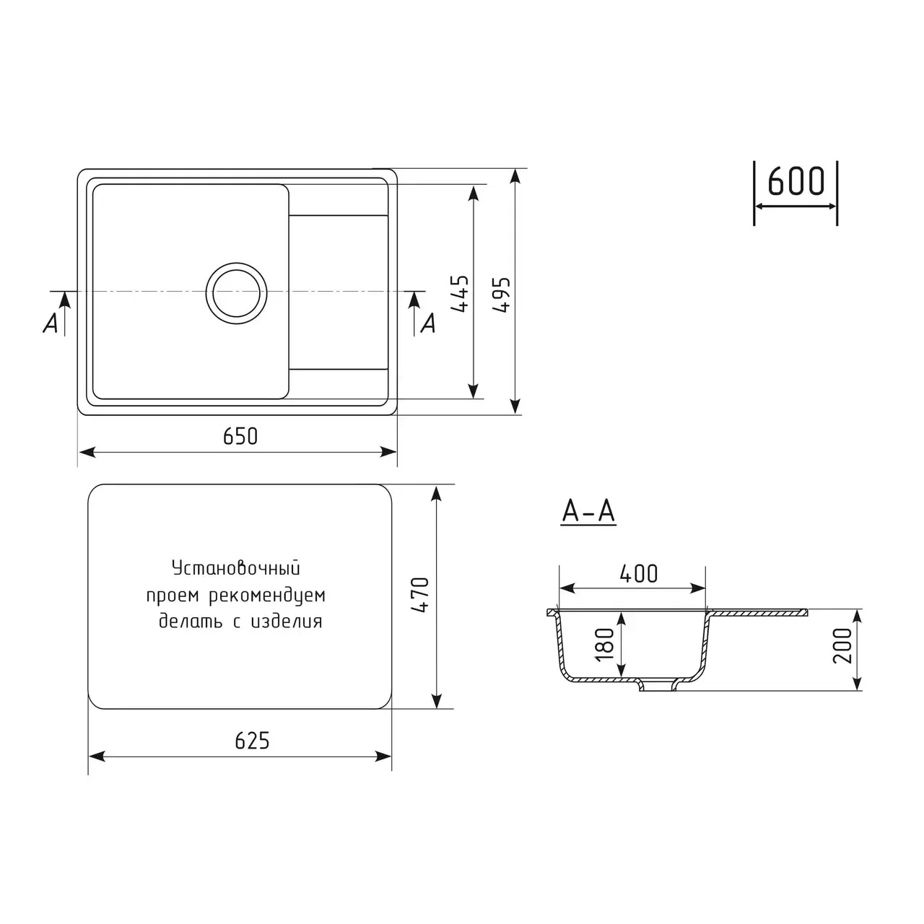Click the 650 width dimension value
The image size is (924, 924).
point(240,437)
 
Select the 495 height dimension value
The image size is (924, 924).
point(503,294)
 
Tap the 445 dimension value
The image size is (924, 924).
point(461,294)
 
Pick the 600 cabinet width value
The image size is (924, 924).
point(796,182)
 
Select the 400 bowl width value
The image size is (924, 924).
point(638,574)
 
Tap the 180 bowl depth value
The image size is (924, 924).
point(606,642)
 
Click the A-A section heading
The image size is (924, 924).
point(588,511)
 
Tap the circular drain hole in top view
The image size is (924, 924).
point(236,292)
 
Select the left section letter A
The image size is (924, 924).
point(50,325)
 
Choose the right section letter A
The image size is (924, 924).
point(428,324)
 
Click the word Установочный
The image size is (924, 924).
point(235,569)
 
